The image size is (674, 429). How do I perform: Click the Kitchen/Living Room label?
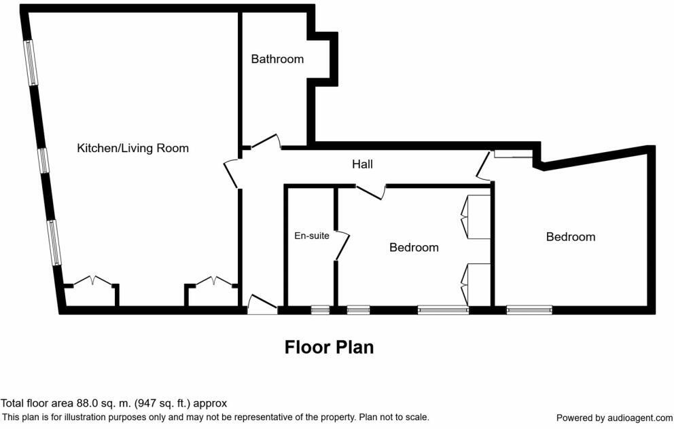tap(132, 148)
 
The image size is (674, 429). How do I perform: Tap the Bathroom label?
tap(277, 59)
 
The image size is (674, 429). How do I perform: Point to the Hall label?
tap(362, 164)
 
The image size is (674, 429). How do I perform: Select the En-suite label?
tap(311, 236)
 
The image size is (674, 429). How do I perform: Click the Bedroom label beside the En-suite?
tap(414, 248)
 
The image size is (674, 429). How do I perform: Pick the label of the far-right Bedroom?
tap(571, 237)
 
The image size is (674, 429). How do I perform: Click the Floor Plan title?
tap(329, 348)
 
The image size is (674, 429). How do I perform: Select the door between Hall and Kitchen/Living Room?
tap(232, 173)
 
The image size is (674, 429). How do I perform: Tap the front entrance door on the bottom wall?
tap(262, 305)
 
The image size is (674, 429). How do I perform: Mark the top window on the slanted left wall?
tap(31, 63)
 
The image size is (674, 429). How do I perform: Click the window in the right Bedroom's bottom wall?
tap(529, 310)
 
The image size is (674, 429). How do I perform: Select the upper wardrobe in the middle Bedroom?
tap(476, 217)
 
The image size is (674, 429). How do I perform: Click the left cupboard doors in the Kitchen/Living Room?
tap(92, 281)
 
